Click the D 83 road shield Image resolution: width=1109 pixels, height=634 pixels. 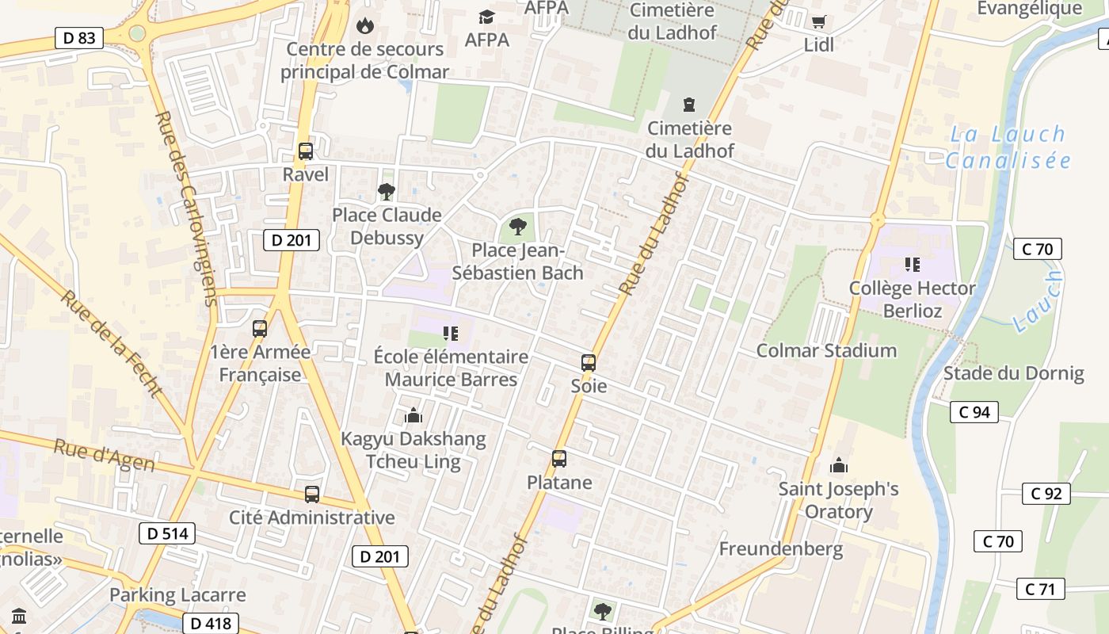coord(79,37)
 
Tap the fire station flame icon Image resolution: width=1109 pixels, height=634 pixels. coord(364,25)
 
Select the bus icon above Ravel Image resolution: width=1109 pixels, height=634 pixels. coord(305,151)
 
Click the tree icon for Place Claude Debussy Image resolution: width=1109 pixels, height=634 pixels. coord(386,191)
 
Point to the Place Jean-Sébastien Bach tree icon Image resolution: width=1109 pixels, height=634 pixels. coord(518,227)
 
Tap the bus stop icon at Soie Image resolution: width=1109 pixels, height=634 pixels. coord(588,363)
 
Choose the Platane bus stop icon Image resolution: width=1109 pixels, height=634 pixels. coord(559,459)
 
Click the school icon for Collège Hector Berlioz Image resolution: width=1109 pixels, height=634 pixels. coord(912,265)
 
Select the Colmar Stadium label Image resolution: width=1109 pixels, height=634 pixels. coord(826,350)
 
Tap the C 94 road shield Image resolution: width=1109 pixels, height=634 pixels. coord(974,412)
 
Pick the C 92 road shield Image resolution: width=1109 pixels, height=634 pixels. coord(1046,494)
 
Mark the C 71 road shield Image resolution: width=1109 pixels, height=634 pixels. coord(1040,589)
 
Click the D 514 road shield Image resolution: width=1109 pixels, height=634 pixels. coord(167,533)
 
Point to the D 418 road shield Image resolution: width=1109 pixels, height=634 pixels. coord(211,624)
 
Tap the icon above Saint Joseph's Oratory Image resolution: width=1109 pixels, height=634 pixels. coord(838,465)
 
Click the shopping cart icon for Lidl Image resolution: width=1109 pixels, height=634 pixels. coord(818,21)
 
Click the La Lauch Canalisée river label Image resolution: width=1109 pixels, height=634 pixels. coord(1008,147)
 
